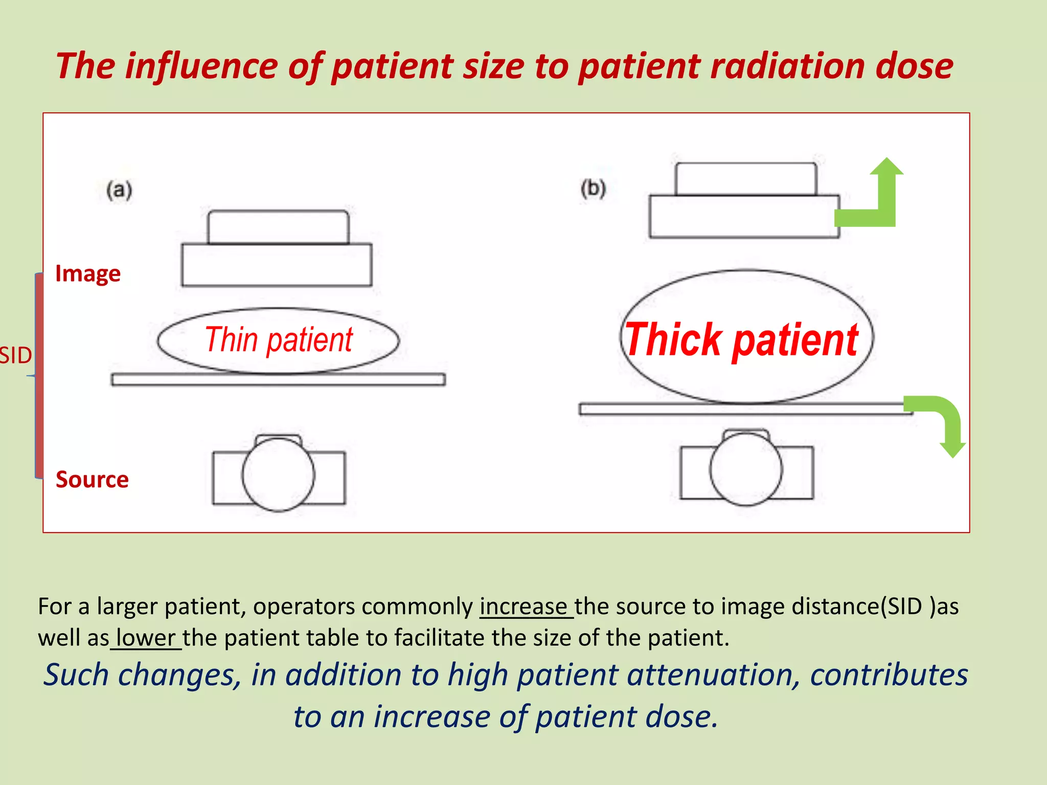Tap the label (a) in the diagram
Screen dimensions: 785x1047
[119, 190]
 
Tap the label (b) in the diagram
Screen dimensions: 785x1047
[593, 189]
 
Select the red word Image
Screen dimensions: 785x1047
[88, 274]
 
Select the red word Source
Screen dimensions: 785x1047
[92, 479]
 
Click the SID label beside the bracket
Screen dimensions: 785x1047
[15, 356]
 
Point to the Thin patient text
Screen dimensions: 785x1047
[279, 340]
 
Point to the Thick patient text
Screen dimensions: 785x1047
[741, 340]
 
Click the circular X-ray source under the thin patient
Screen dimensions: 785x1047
[279, 474]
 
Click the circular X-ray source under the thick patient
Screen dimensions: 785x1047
[746, 469]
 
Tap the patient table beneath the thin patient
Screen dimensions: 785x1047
[279, 379]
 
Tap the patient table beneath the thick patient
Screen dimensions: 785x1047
[741, 409]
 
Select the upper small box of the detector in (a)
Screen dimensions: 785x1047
[279, 227]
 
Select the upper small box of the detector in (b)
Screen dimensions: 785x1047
[746, 179]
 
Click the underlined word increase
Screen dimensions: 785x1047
[523, 607]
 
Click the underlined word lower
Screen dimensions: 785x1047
[146, 638]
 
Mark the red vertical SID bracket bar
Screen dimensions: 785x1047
[39, 376]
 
